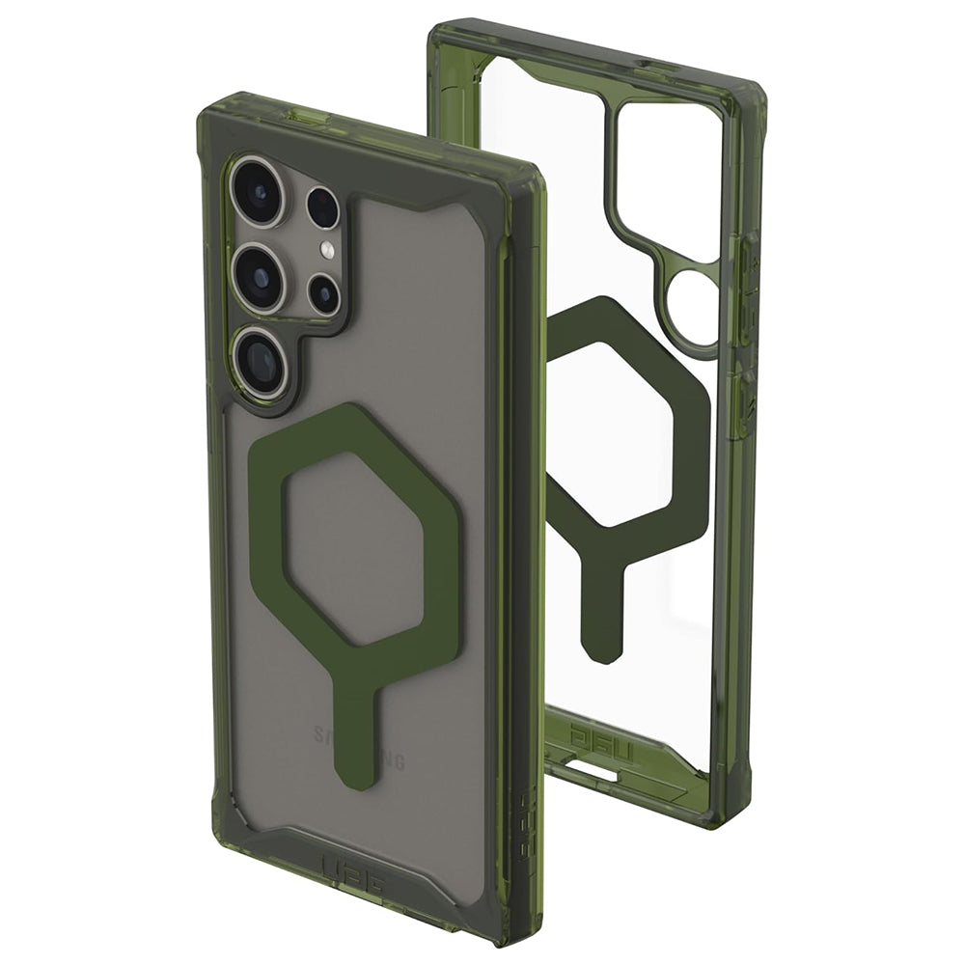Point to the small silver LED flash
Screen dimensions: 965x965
click(x=327, y=252)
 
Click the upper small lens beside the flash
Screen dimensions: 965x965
click(x=323, y=207)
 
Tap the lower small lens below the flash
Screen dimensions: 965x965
click(x=323, y=293)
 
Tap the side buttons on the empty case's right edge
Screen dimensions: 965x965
click(x=748, y=318)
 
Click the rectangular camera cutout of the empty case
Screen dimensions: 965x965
click(x=666, y=174)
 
